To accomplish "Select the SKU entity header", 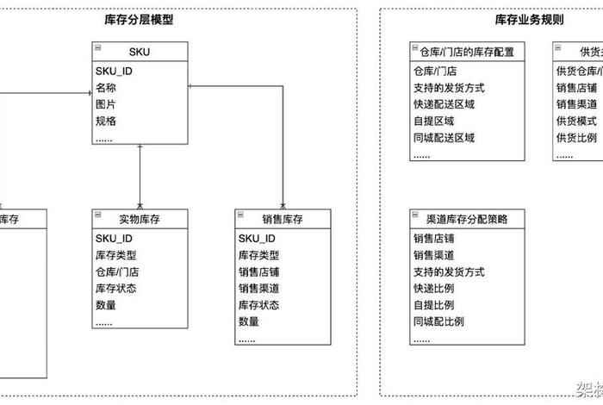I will coord(140,53).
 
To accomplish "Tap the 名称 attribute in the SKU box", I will coord(106,88).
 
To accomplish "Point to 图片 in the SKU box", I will coord(106,104).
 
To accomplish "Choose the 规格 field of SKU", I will coord(106,121).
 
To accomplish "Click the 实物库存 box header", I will coord(140,220).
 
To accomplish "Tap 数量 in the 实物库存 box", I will coord(106,305).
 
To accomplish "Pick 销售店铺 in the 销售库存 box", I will coord(259,271).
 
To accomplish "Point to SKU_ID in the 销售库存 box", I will coord(257,239).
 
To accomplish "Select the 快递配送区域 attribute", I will coord(444,104).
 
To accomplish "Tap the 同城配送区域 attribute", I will coord(444,138).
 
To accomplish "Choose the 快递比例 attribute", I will coord(433,289).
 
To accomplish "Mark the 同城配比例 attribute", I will coord(438,321).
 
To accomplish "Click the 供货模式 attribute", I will coord(576,121).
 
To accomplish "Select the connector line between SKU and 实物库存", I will coord(140,177).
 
